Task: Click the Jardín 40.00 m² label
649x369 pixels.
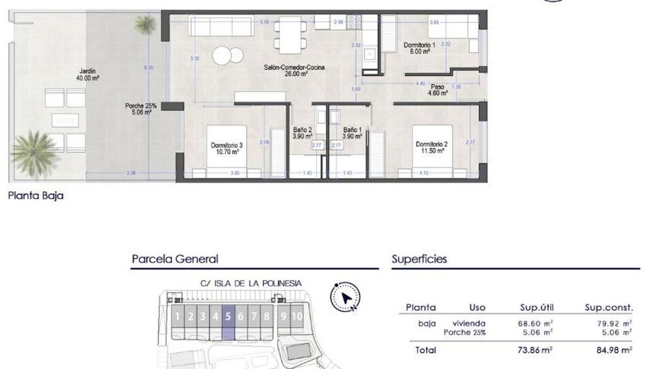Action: tap(87, 74)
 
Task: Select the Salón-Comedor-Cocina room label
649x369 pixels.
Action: tap(286, 71)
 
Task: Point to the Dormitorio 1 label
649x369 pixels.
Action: tap(419, 48)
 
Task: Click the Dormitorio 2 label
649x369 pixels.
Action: tap(431, 147)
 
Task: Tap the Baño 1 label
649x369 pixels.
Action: tap(352, 133)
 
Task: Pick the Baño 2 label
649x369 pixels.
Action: tap(302, 133)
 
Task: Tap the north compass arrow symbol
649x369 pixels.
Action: tap(346, 298)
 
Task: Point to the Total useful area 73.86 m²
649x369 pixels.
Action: tap(535, 351)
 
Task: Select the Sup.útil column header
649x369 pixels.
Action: tap(535, 307)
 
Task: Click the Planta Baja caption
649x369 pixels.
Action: tap(36, 196)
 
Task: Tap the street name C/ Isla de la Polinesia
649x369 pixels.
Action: tap(251, 283)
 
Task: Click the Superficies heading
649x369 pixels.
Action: tap(419, 259)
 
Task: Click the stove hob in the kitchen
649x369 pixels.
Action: tap(354, 22)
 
